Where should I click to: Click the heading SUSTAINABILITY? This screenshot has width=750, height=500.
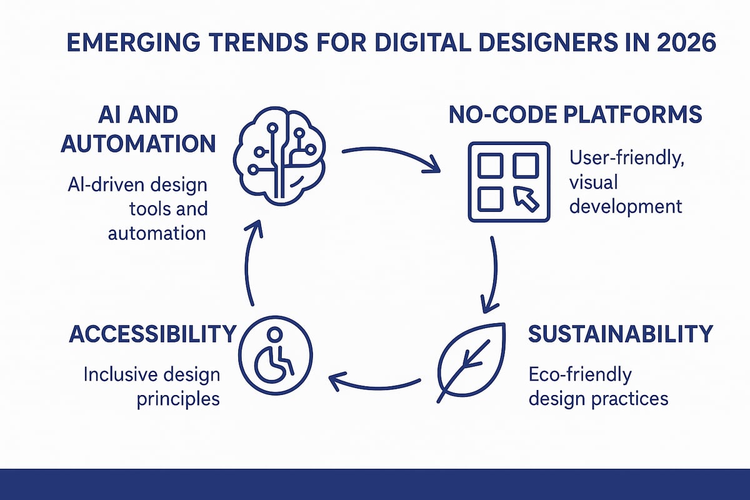point(620,334)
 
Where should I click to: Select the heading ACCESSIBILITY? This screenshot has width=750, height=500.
point(153,334)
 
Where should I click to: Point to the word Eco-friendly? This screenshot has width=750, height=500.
point(580,374)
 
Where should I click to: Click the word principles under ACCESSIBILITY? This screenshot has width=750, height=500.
point(178,398)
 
